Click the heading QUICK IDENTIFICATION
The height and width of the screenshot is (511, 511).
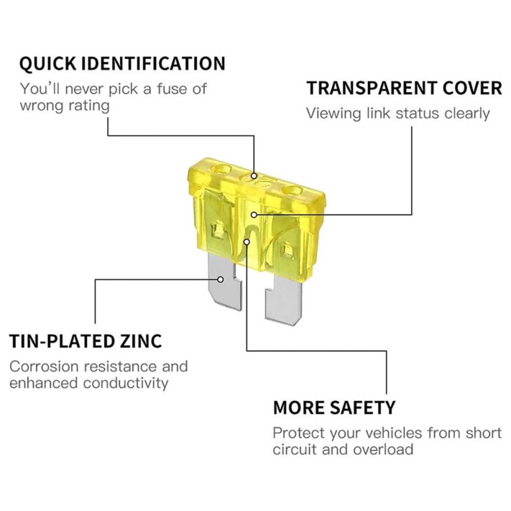coord(122,63)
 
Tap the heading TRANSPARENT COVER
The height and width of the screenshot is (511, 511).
coord(404,88)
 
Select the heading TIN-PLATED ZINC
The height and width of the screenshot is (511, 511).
coord(86,341)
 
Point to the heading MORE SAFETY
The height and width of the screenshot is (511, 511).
coord(334,408)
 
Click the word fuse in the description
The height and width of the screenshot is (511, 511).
coord(172,89)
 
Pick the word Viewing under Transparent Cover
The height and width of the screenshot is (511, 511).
coord(333,114)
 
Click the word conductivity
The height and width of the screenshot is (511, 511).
coord(126,383)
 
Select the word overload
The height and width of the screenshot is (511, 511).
coord(383,450)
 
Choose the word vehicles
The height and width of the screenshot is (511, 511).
coord(393,433)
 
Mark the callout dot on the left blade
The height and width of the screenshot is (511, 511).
coord(220,280)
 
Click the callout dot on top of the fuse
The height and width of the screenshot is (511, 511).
coord(254,176)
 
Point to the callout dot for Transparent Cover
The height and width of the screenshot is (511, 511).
coord(254,215)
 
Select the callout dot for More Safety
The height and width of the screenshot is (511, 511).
coord(247,242)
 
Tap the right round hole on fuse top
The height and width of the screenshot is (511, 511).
coord(293,190)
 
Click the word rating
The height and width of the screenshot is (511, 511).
coord(89,106)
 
